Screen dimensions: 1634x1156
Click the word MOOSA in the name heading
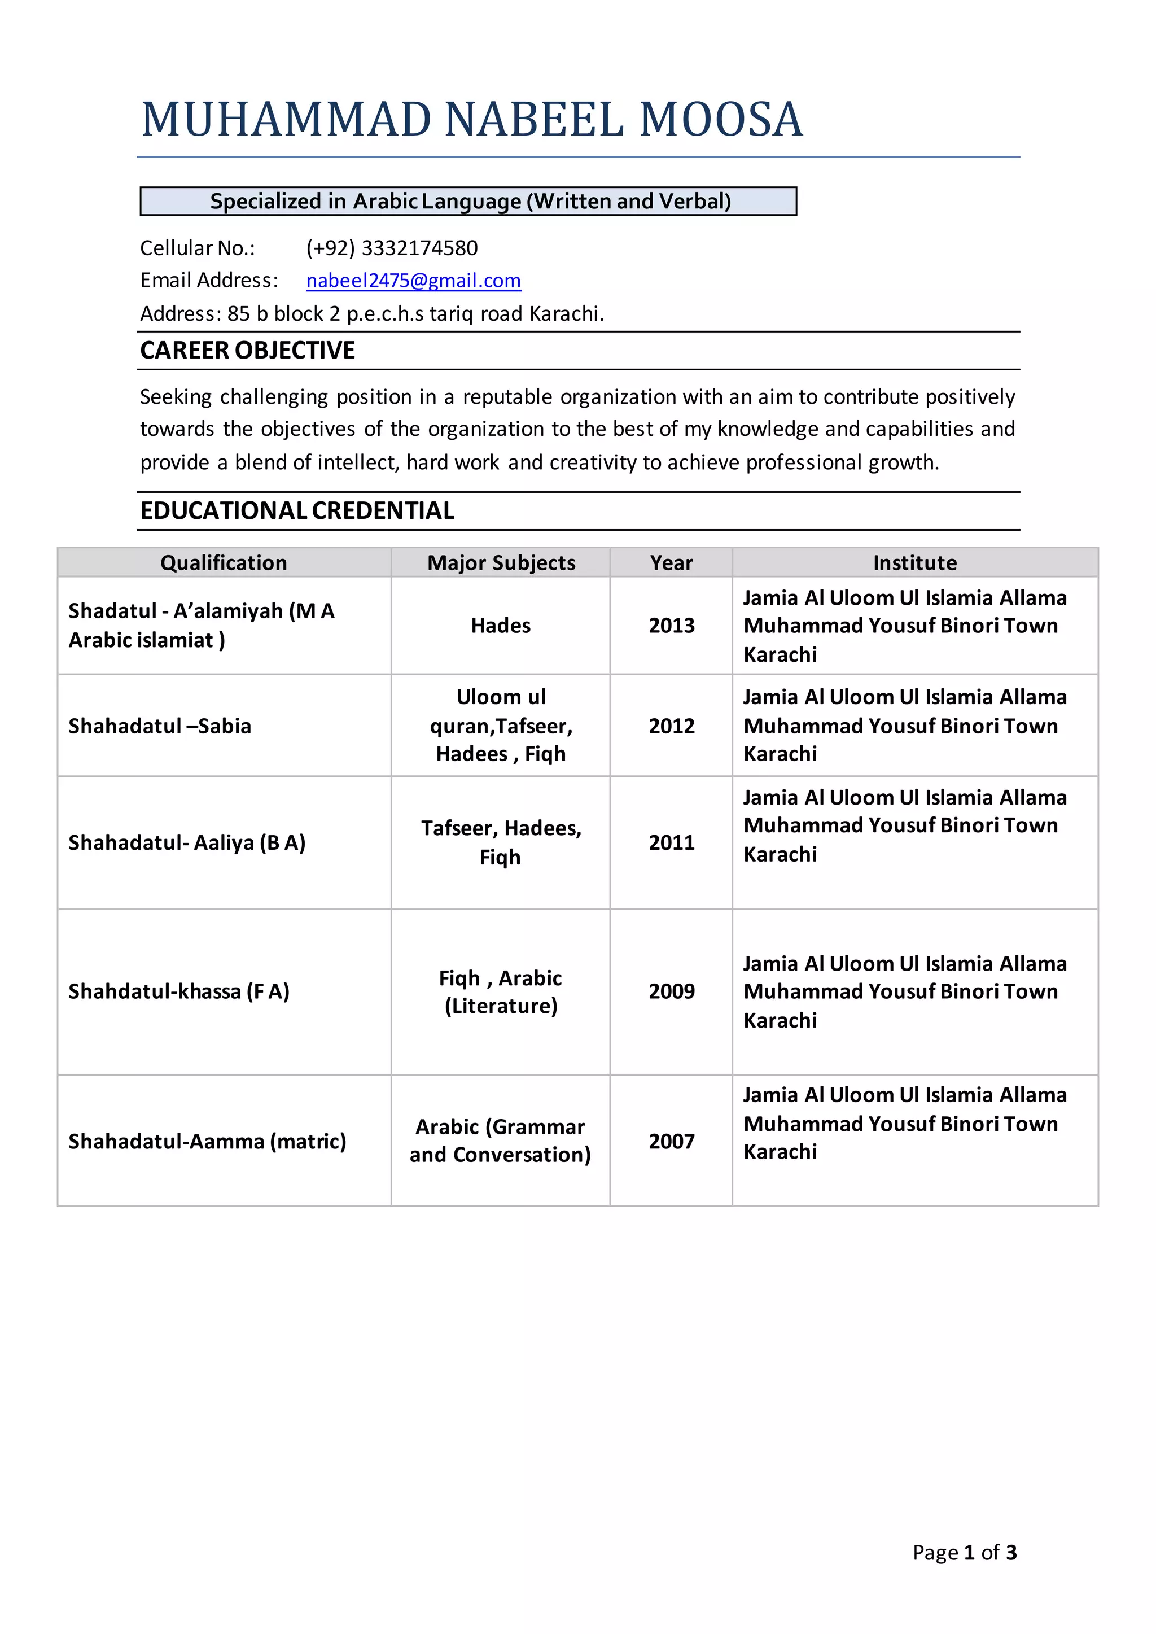click(720, 119)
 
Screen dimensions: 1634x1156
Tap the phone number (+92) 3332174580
click(392, 248)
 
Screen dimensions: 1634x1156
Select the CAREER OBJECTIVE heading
click(247, 350)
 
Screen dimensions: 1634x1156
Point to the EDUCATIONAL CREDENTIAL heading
click(297, 510)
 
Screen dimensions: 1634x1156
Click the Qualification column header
click(224, 562)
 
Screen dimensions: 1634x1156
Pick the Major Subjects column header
click(501, 562)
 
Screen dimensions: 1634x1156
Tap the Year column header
click(671, 562)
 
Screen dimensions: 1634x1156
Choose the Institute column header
click(914, 562)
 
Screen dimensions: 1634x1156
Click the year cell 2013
click(671, 625)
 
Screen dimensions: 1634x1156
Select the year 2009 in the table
click(671, 991)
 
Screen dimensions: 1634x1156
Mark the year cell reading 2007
click(671, 1141)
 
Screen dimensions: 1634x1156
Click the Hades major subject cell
click(501, 625)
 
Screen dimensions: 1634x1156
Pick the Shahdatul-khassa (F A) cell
click(179, 991)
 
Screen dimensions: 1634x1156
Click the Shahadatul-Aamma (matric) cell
click(207, 1141)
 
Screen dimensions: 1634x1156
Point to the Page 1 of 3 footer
click(965, 1552)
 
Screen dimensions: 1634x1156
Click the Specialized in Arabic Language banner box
click(468, 201)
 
